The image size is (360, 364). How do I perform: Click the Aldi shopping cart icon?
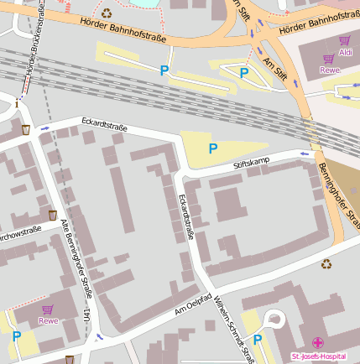345,40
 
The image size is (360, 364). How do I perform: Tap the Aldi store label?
345,53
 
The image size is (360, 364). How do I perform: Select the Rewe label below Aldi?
329,70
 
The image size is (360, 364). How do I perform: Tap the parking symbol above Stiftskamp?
213,148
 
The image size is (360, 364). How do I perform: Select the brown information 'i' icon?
17,102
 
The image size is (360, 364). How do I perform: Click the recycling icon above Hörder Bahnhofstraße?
107,13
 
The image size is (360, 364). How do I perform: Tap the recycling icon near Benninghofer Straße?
326,263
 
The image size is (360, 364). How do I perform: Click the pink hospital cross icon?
318,342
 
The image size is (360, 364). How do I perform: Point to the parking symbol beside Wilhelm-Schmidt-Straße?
258,340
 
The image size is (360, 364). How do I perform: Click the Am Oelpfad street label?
192,304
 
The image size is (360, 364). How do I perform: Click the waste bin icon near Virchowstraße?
53,216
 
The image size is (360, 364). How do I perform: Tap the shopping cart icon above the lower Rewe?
48,309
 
